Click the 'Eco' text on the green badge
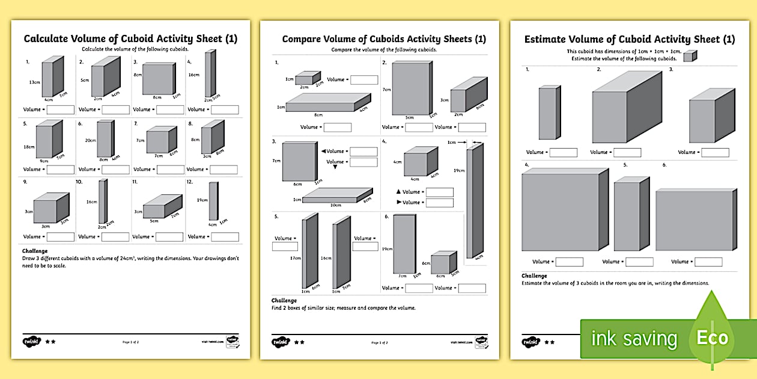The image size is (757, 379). click(712, 337)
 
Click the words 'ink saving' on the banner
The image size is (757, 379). click(634, 339)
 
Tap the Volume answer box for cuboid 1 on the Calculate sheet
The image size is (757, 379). click(60, 109)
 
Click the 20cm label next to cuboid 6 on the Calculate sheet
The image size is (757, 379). click(90, 140)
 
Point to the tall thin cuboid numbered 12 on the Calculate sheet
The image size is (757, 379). click(213, 201)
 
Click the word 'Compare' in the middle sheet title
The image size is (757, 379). click(306, 40)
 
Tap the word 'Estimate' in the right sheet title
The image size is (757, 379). click(548, 40)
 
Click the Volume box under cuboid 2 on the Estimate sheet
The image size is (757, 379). click(627, 152)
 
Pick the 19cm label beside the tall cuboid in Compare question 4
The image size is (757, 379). click(459, 171)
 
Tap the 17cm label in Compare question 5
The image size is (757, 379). click(295, 258)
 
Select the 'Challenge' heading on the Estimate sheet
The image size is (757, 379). click(534, 276)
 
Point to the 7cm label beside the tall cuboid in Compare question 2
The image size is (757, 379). click(386, 90)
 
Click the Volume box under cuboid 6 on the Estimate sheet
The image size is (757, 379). click(708, 262)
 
